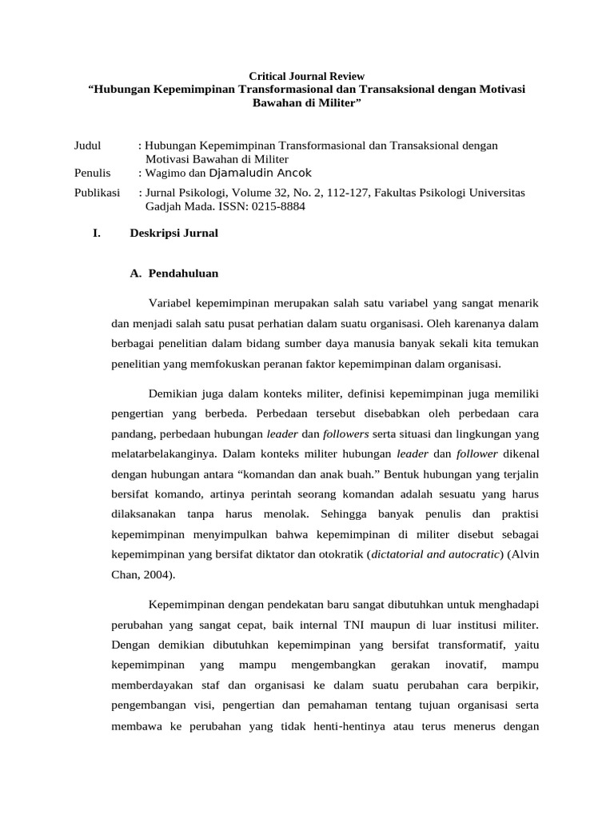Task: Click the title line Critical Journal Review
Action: [306, 75]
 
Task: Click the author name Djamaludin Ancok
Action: [260, 173]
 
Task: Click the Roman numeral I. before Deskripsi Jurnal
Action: [97, 234]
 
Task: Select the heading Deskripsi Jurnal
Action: [173, 234]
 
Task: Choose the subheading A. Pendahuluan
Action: [173, 273]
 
